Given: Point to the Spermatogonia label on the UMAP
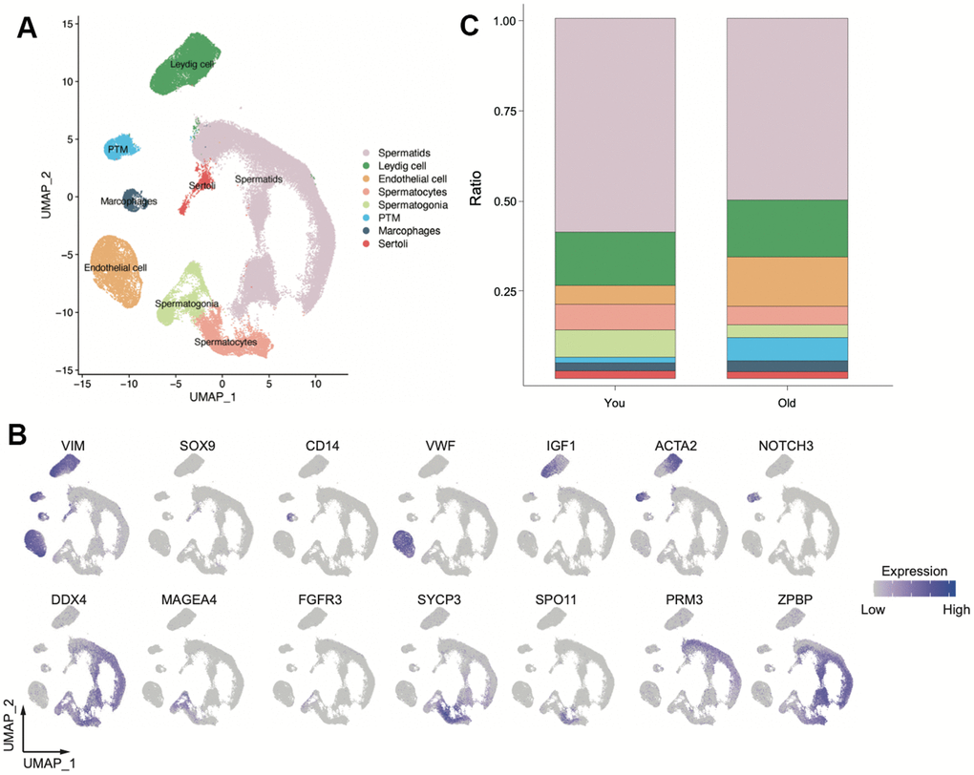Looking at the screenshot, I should click(187, 304).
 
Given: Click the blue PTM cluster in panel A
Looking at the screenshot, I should click(122, 147).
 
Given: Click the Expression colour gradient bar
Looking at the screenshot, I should click(914, 588).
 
